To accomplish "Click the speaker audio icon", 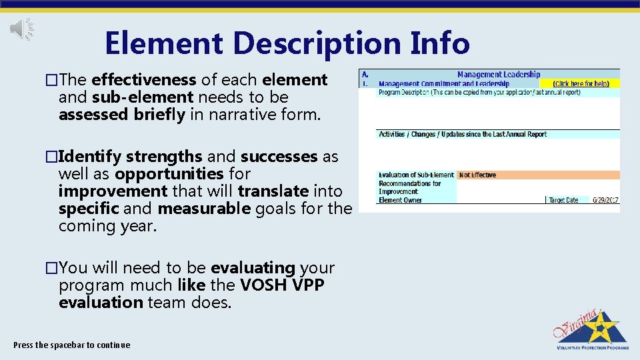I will click(x=22, y=28).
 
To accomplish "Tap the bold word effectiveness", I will click(x=143, y=80).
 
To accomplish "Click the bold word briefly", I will click(x=159, y=115).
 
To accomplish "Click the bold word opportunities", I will click(x=169, y=174).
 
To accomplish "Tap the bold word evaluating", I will click(x=253, y=268).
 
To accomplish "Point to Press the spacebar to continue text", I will click(x=72, y=345).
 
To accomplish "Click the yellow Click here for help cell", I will click(x=582, y=84).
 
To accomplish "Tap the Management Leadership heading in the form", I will click(x=498, y=75).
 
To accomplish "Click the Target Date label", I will click(x=563, y=200).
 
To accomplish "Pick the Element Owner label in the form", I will click(x=400, y=200).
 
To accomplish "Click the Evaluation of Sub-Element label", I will click(x=416, y=175).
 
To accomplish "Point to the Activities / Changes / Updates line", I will click(x=463, y=135).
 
